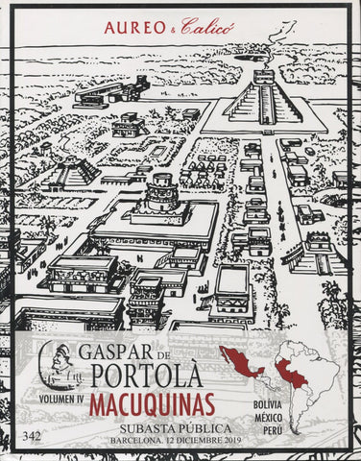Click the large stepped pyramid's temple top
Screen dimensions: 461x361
tap(263, 77)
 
